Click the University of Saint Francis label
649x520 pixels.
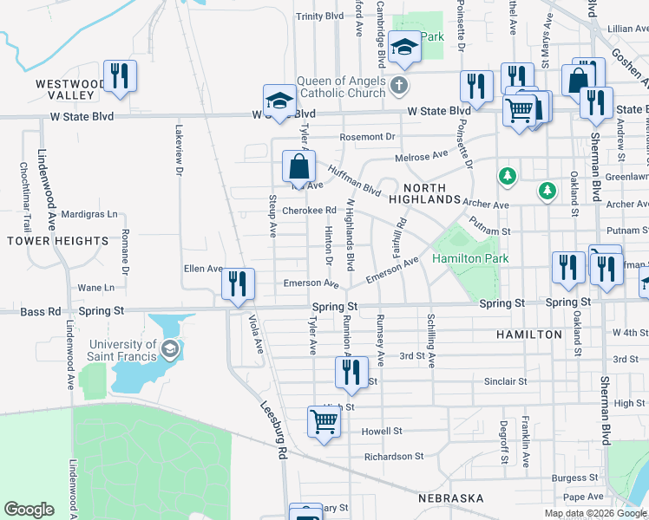coord(121,350)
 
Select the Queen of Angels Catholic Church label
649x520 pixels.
coord(340,87)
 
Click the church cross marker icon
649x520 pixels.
coord(398,85)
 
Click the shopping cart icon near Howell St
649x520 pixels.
coord(324,422)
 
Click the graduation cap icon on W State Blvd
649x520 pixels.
coord(280,101)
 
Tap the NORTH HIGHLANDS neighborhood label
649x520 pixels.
coord(425,193)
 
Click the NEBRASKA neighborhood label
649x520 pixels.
coord(450,498)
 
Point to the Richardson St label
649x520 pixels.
coord(394,457)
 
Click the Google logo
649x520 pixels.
coord(29,510)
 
